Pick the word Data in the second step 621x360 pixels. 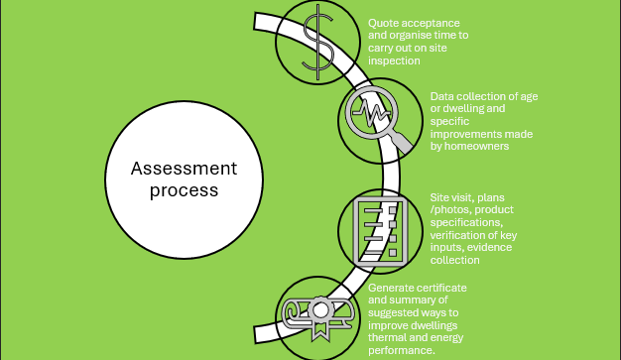coord(443,96)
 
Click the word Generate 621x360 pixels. coord(395,288)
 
